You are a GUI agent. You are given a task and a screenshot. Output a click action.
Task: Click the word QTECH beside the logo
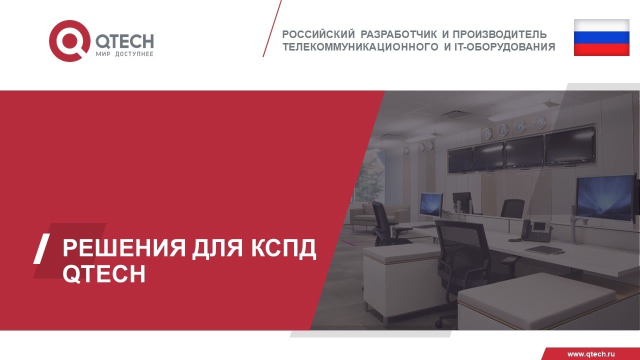click(123, 41)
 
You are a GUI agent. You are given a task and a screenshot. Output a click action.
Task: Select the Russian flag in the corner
click(601, 37)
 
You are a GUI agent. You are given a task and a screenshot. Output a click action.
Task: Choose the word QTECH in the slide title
click(104, 273)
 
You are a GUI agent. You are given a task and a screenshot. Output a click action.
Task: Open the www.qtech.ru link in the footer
click(590, 354)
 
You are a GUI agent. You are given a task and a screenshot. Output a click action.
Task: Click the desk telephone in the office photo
click(534, 230)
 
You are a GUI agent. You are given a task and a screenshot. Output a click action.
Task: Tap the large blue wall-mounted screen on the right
click(604, 197)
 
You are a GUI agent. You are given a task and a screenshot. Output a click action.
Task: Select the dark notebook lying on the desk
click(544, 249)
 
